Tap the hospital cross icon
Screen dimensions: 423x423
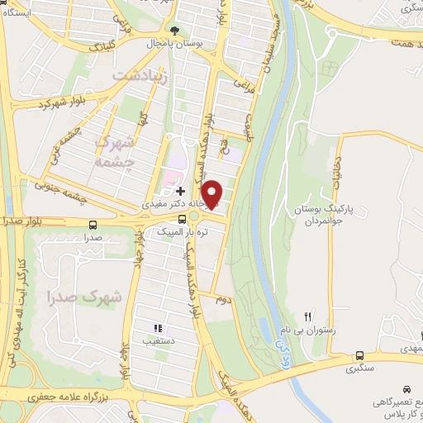pos(180,190)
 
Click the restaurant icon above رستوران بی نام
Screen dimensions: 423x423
pos(308,316)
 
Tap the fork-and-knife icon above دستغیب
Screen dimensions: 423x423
pos(158,328)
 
